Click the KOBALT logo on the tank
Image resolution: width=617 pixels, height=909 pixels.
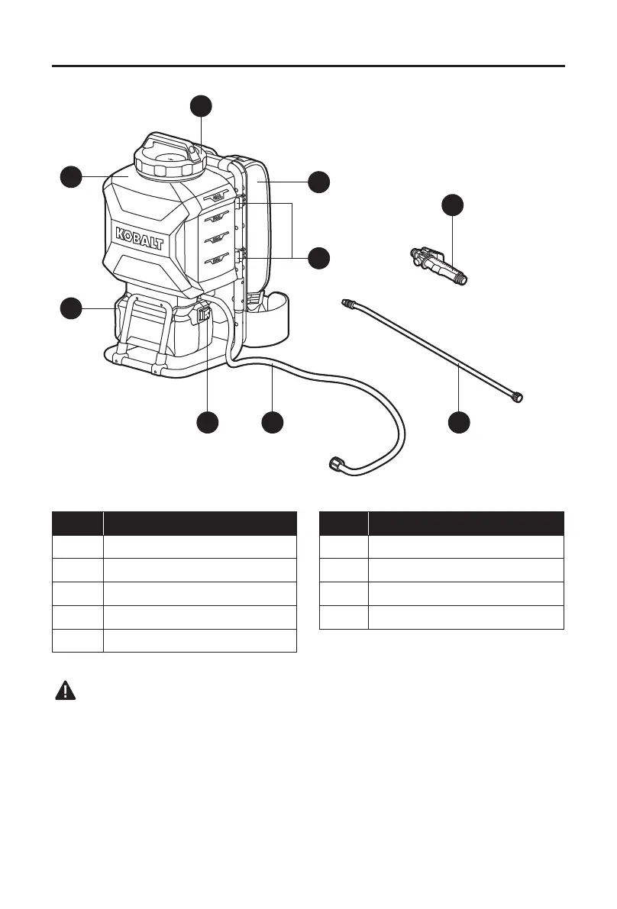point(141,237)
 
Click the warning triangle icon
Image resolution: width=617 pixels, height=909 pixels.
point(66,691)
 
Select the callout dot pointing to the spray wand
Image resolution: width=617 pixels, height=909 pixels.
point(458,422)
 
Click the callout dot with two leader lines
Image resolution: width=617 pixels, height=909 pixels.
point(318,257)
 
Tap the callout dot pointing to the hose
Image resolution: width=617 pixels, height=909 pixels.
point(272,422)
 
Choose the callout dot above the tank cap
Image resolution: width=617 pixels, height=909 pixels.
point(201,106)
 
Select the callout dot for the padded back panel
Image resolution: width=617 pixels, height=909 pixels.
point(318,182)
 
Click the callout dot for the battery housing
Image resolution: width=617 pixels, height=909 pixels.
point(70,308)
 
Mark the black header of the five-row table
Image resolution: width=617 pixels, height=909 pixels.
point(174,523)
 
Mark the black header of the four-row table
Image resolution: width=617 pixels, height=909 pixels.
point(441,523)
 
